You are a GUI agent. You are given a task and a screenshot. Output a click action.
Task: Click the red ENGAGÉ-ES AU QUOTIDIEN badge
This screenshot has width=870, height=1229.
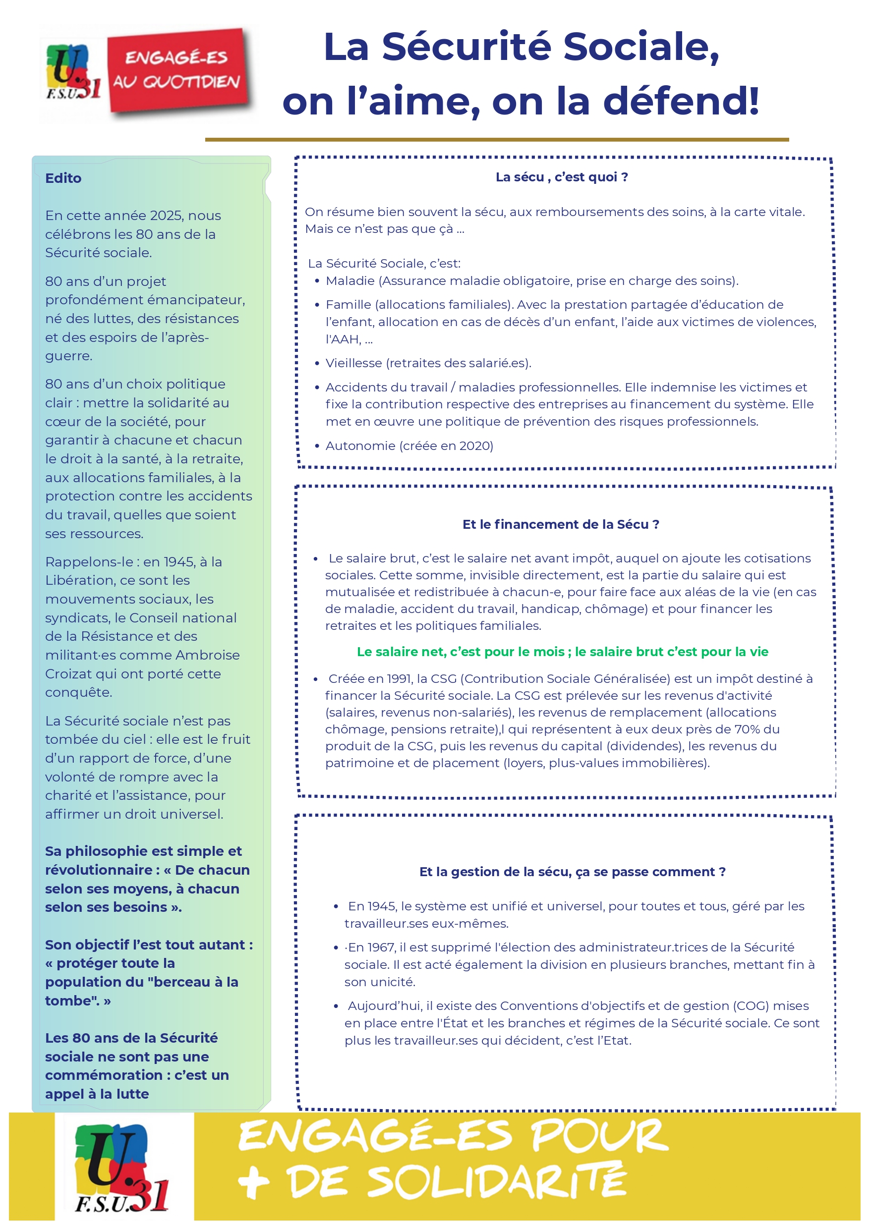click(178, 71)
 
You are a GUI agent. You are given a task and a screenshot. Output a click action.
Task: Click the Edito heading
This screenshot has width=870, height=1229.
click(63, 178)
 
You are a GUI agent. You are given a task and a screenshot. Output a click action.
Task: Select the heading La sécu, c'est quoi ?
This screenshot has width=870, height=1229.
click(562, 177)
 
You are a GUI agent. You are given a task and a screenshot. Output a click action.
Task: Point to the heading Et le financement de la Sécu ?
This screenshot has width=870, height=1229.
click(560, 524)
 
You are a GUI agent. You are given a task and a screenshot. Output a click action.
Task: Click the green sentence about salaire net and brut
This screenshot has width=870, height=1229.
click(563, 652)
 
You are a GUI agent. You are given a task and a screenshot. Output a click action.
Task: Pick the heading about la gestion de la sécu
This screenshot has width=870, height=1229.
click(572, 872)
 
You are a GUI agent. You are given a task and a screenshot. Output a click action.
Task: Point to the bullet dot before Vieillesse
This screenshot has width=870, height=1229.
click(317, 364)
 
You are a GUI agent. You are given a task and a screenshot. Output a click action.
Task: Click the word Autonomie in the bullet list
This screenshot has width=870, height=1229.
click(360, 446)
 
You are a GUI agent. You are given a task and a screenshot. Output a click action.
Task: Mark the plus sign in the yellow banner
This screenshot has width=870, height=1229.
click(254, 1182)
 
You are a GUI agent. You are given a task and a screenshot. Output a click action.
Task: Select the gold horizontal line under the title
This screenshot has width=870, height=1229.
click(497, 140)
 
